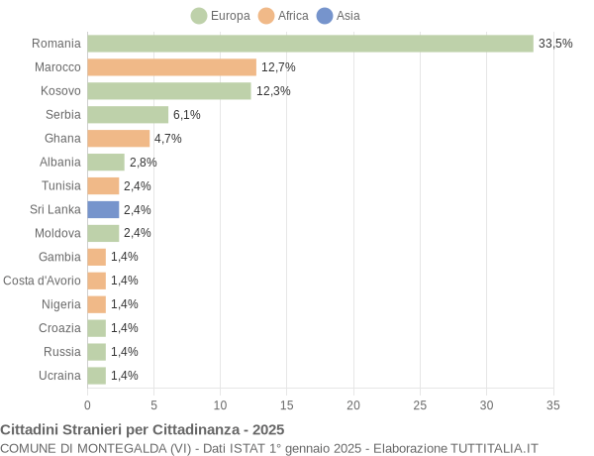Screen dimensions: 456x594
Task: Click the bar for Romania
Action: coord(310,44)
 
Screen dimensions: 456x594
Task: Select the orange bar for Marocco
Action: coord(171,67)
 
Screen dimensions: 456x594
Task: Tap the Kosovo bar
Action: coord(169,91)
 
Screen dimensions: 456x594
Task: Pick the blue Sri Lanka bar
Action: coord(103,209)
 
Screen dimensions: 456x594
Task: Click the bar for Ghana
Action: coord(118,139)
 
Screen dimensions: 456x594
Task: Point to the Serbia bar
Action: coord(128,115)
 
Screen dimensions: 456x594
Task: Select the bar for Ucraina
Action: coord(96,376)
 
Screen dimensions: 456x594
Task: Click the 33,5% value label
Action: coord(555,44)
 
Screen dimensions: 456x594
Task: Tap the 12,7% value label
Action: coord(278,67)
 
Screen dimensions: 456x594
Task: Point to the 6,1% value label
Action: coord(186,115)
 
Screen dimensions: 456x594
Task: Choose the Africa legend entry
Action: coord(284,16)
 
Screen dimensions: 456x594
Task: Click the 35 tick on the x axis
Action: coord(553,404)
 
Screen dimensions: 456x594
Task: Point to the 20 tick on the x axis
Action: coord(353,404)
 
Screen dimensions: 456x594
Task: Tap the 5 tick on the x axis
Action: coord(153,404)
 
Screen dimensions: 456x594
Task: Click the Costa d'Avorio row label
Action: coord(42,281)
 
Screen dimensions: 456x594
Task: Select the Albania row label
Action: coord(60,163)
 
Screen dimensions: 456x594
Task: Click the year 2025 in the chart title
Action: coord(267,429)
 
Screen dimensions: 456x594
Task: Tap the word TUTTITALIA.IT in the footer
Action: coord(494,448)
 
